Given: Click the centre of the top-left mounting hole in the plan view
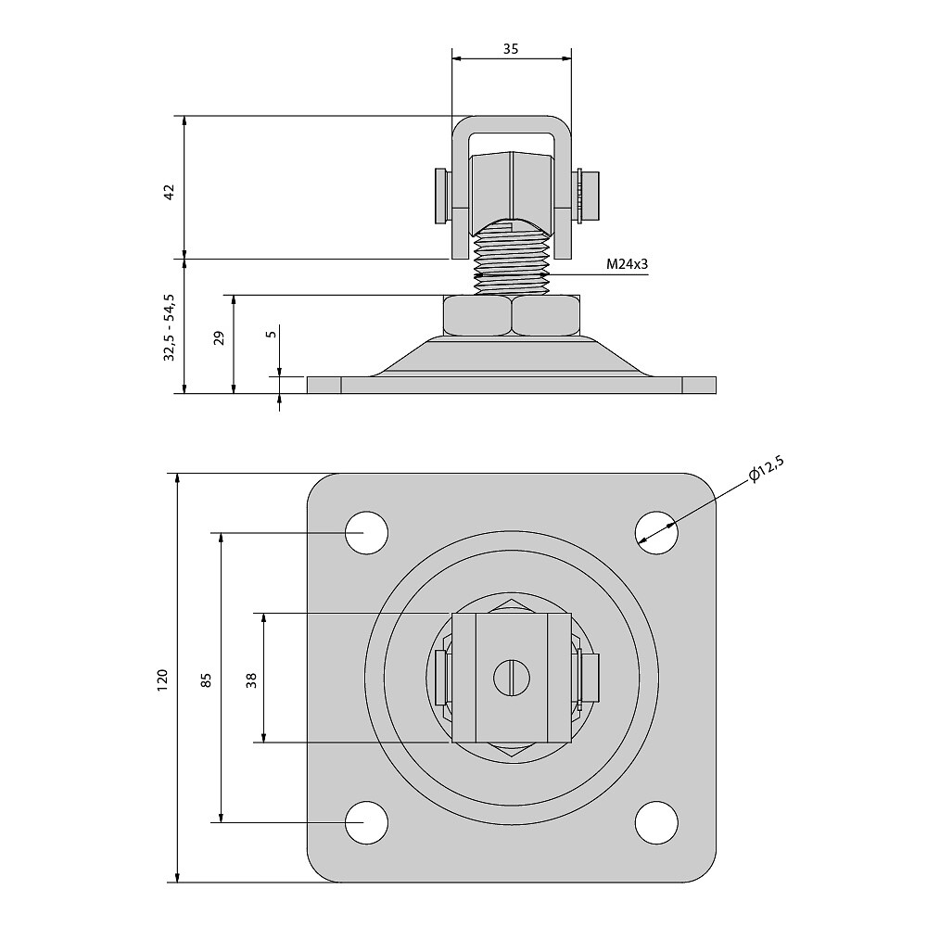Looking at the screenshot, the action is coord(366,533).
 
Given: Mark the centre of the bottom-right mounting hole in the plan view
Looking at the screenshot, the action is coord(656,822).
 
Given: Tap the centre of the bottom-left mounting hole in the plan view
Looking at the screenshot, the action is coord(366,822).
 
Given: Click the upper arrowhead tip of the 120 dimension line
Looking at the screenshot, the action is coord(177,474).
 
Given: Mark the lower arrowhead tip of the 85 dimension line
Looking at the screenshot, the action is coord(222,822).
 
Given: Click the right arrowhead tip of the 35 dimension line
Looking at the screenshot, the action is coord(572,57).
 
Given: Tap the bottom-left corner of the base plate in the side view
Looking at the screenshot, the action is coord(308,393).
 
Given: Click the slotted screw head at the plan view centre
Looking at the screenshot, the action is coord(512,678).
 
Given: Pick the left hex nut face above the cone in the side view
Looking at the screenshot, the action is coord(477,316).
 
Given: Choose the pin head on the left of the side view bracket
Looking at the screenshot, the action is coord(440,197).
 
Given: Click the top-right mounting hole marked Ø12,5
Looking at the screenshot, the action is coord(656,533).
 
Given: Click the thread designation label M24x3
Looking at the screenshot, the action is coord(627,264).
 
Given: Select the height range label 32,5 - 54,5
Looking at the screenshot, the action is coord(170,327).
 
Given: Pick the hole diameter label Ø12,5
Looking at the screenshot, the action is coord(767,471).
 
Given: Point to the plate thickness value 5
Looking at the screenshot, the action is coord(272,334).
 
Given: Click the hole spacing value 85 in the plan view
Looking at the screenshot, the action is coord(206,679).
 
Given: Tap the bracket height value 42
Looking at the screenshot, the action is coord(170,192).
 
